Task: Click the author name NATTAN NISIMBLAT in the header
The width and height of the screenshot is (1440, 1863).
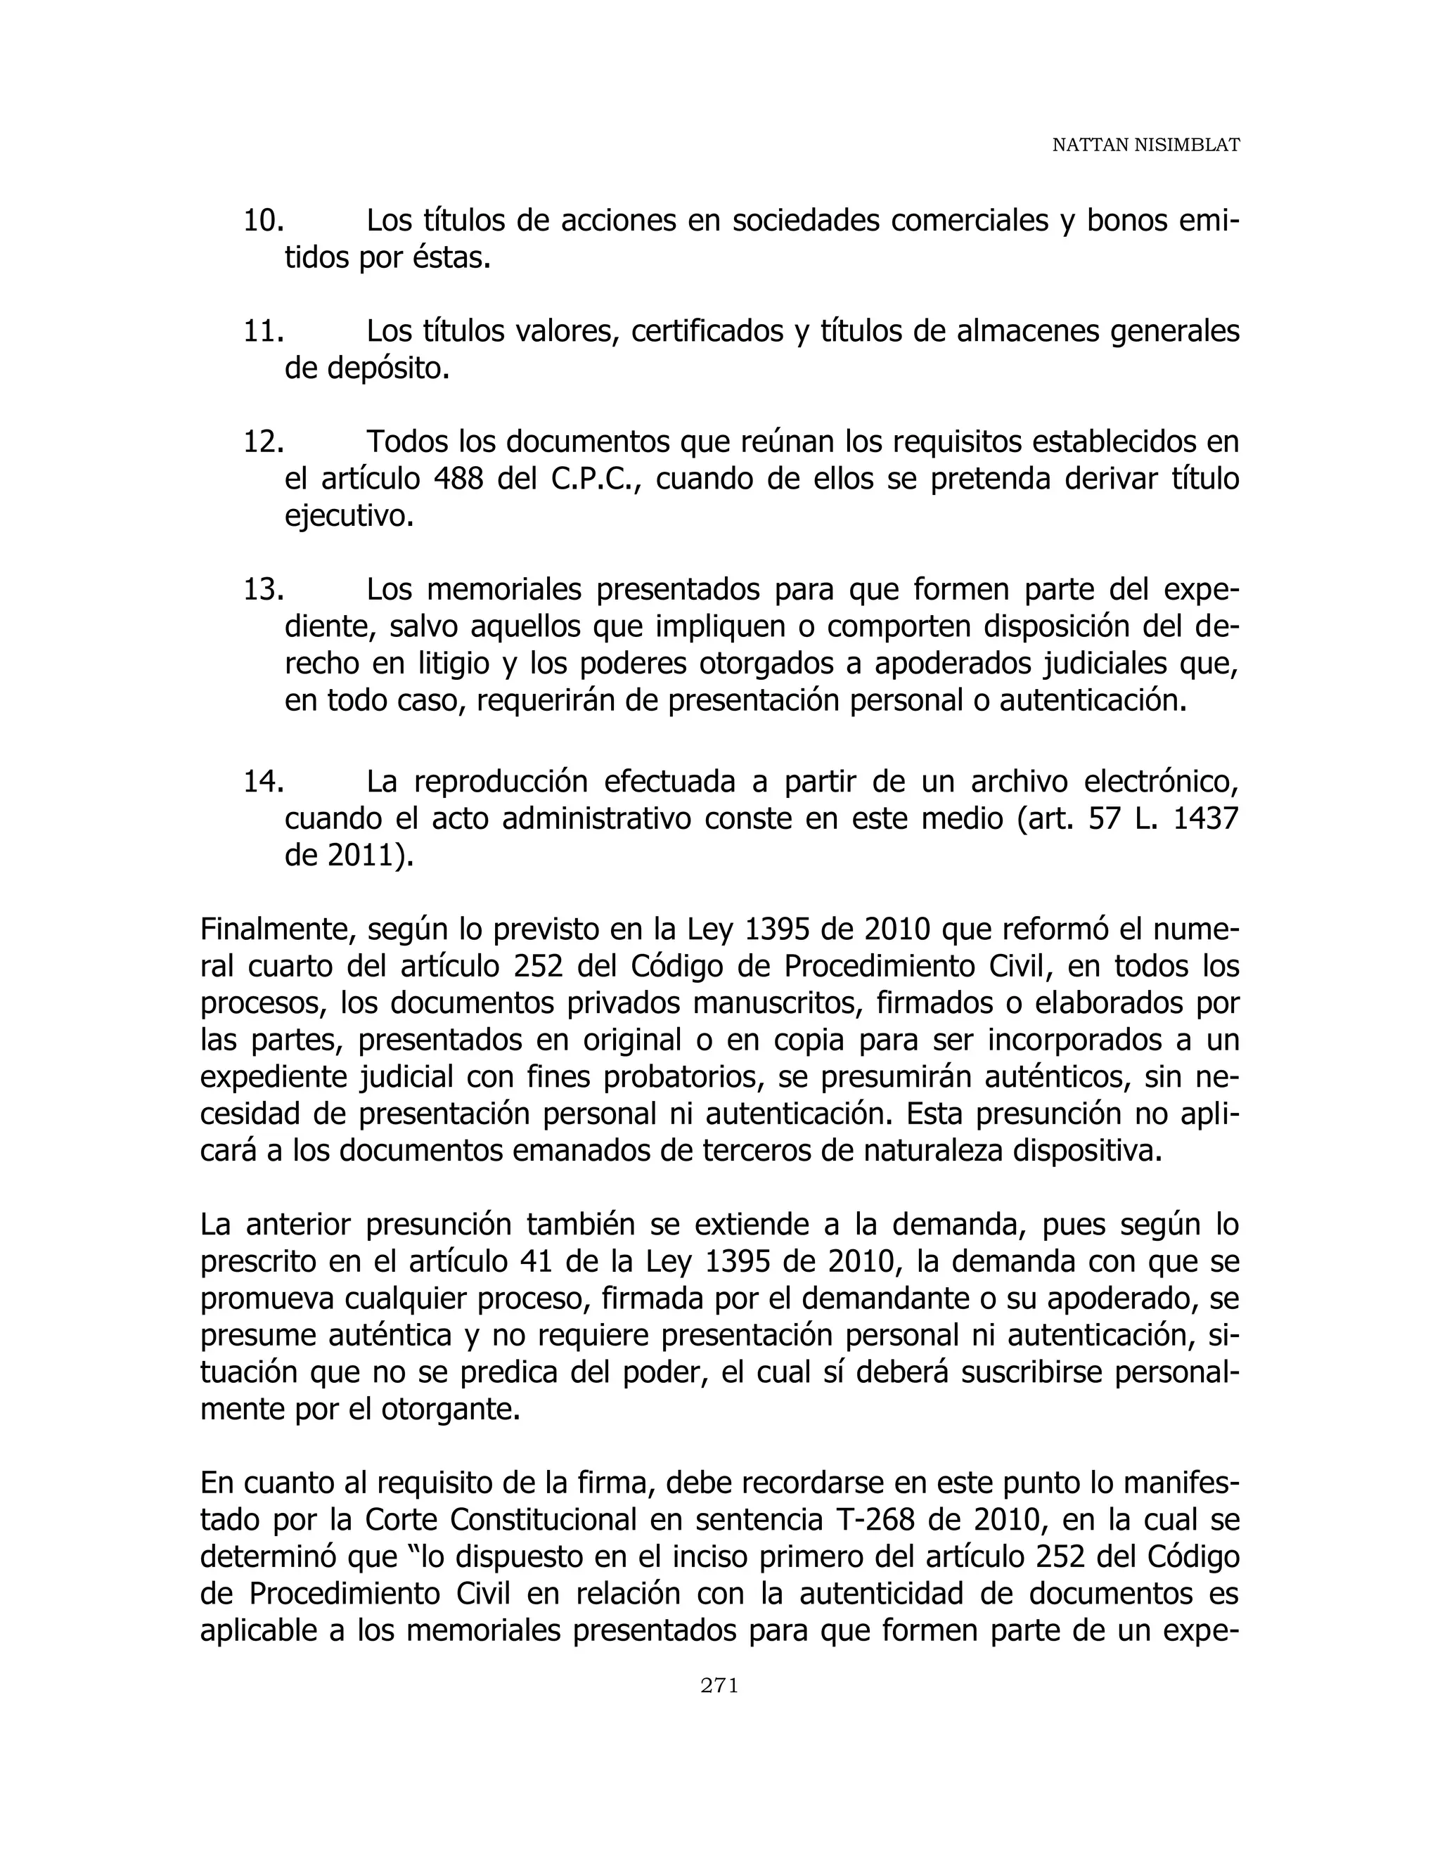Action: [1145, 146]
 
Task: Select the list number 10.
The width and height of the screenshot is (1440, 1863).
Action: [263, 221]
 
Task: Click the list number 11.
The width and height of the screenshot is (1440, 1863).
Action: [263, 331]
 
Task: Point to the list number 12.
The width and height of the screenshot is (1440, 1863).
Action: [263, 442]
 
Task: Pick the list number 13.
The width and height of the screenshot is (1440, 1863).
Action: [263, 589]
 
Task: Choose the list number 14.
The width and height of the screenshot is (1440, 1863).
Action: [263, 781]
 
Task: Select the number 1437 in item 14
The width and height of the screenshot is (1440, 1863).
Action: [1204, 819]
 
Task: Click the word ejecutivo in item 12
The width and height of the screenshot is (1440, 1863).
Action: [348, 517]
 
